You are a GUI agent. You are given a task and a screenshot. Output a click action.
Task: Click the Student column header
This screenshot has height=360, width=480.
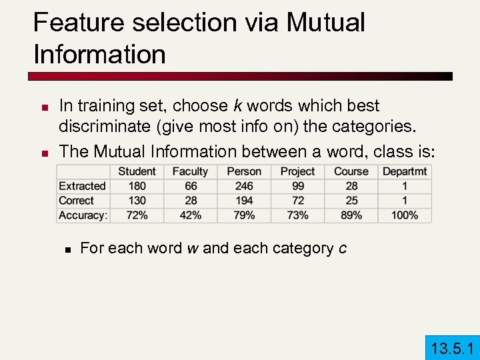point(137,171)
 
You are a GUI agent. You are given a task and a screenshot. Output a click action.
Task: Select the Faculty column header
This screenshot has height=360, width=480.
point(190,171)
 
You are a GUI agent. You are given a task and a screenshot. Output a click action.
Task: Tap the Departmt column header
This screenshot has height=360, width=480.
point(405,171)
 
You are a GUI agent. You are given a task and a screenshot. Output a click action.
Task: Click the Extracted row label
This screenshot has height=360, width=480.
point(82,186)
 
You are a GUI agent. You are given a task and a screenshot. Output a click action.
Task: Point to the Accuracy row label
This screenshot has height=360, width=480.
point(83,215)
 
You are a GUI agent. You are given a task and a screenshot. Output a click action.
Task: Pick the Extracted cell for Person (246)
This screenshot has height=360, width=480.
point(244,186)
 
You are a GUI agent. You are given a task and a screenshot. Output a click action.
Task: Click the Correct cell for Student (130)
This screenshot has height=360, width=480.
point(137,200)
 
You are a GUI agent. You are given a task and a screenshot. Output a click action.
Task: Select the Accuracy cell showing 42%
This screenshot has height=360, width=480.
point(190,215)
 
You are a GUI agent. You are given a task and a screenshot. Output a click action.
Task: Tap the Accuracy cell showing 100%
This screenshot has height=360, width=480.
point(405,215)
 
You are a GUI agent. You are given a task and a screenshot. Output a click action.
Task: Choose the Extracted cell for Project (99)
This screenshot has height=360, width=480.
point(297,186)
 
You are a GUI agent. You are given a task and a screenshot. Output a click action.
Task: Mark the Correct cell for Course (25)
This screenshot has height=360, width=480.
point(351,200)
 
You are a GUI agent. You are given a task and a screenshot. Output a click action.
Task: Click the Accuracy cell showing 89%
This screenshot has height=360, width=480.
point(351,215)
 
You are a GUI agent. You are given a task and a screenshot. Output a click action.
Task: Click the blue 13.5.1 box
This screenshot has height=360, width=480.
point(451,348)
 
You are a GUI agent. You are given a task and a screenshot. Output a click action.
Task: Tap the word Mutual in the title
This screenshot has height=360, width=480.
point(325,23)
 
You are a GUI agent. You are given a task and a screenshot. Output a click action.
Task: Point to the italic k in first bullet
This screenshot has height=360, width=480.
point(237,106)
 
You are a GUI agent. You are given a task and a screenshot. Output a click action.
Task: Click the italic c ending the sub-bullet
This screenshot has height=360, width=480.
point(343,249)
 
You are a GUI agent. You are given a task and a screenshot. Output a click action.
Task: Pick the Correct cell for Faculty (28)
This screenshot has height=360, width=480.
point(190,200)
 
